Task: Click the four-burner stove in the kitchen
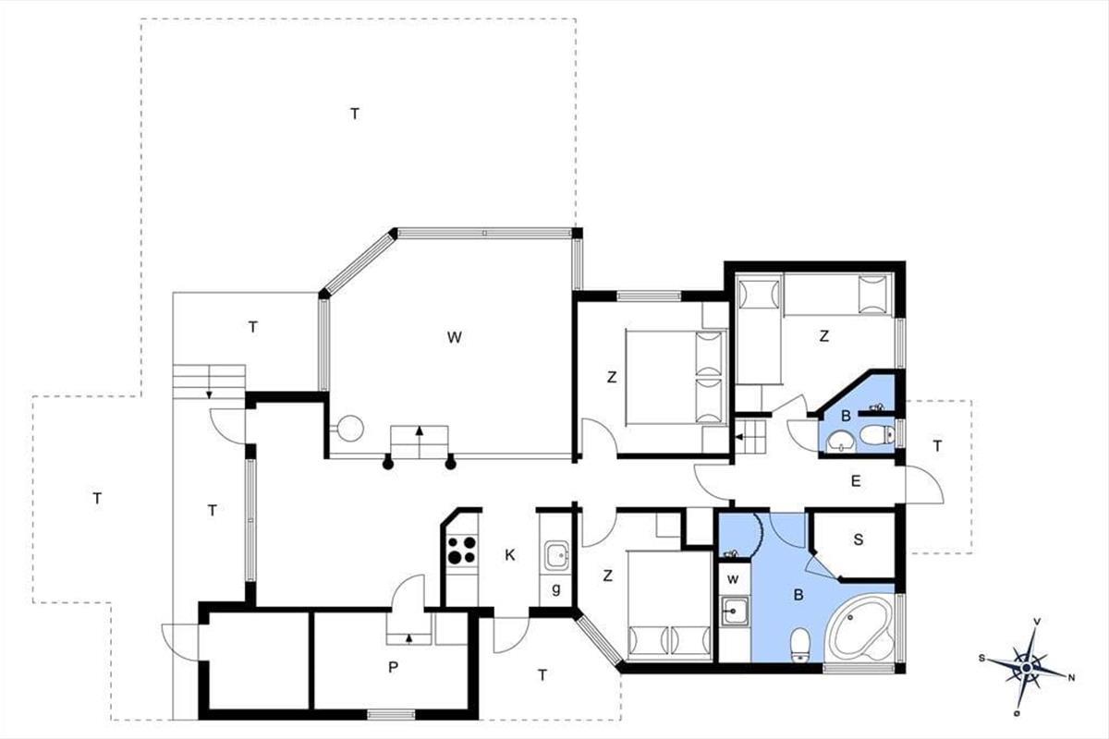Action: point(462,551)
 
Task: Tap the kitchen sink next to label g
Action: point(557,555)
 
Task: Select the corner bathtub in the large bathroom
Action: point(861,630)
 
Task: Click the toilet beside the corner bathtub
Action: point(799,646)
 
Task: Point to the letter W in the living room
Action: point(454,337)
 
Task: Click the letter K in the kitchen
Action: point(510,555)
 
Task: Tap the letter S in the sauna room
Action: point(858,539)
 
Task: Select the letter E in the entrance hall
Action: point(856,481)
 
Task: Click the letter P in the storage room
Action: point(393,668)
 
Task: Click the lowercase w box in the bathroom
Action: point(734,579)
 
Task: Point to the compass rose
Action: point(1027,668)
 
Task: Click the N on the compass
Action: point(1071,678)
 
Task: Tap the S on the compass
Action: point(981,659)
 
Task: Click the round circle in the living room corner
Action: point(349,428)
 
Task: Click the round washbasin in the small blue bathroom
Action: point(840,442)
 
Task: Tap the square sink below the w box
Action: point(734,612)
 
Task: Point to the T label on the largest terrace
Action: point(355,114)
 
